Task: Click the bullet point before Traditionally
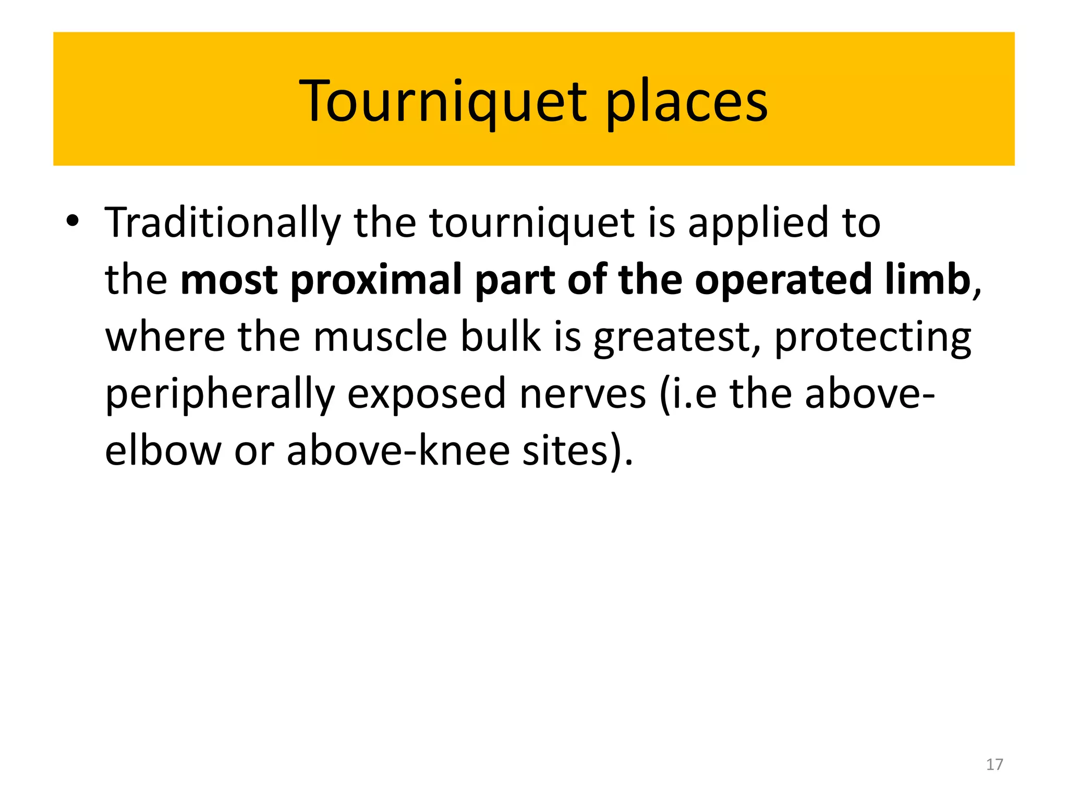(72, 221)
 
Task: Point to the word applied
(758, 223)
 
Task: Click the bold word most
(229, 280)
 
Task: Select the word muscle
(380, 337)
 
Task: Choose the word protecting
(872, 338)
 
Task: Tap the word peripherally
(220, 394)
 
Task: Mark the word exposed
(427, 394)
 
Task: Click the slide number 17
(994, 764)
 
